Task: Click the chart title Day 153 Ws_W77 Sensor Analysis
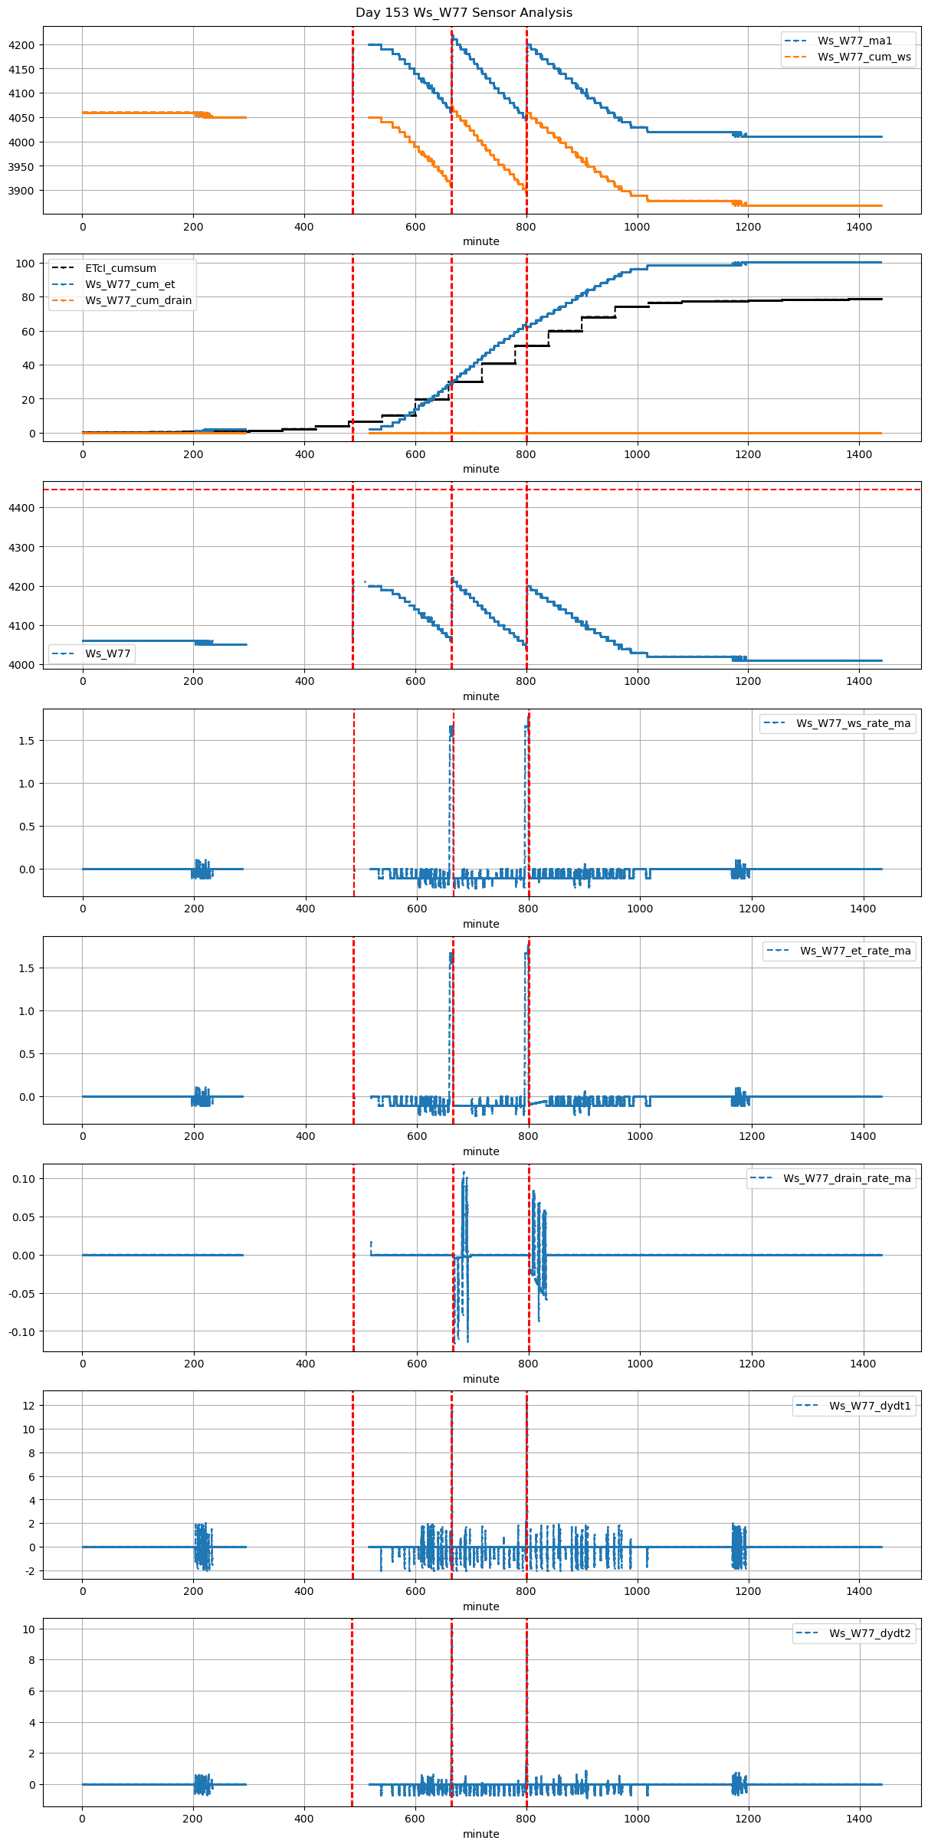pyautogui.click(x=464, y=13)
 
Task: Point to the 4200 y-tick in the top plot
pyautogui.click(x=21, y=45)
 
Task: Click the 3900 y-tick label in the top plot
pyautogui.click(x=21, y=191)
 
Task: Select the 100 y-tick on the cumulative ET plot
pyautogui.click(x=27, y=264)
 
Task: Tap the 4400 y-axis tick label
pyautogui.click(x=21, y=508)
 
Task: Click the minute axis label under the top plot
pyautogui.click(x=480, y=241)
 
